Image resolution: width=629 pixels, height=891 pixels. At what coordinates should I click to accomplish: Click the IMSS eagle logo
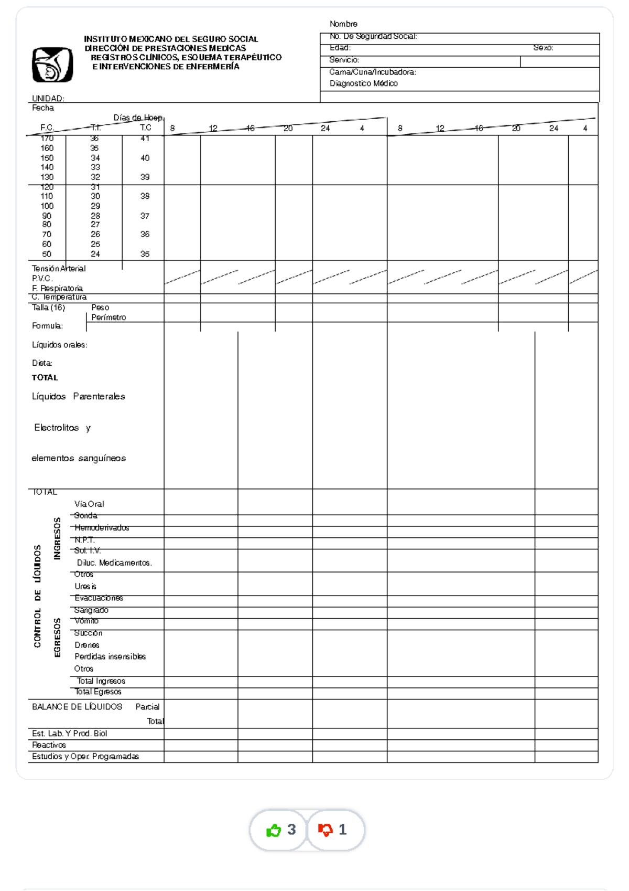point(52,65)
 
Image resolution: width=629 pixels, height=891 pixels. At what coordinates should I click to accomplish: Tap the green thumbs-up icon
point(274,830)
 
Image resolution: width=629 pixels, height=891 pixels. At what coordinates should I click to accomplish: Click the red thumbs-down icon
point(326,830)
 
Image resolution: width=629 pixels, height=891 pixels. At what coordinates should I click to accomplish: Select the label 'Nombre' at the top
point(343,24)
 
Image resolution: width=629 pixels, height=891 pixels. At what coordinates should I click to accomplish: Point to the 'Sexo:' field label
point(543,48)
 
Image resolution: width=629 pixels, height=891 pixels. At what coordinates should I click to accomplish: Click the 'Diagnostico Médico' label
point(363,83)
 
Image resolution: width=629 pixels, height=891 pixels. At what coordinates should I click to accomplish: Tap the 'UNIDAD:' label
point(48,98)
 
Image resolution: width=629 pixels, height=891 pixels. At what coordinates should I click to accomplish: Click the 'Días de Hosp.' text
point(139,118)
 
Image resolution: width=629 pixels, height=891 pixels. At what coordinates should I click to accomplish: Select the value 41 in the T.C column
point(145,139)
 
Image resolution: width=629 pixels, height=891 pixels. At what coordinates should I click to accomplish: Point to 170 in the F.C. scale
point(47,139)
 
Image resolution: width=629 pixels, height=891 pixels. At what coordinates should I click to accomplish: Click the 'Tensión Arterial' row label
point(59,269)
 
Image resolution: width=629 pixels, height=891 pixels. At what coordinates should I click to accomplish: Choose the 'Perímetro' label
point(109,317)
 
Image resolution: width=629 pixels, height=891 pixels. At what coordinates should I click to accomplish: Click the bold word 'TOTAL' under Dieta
point(45,378)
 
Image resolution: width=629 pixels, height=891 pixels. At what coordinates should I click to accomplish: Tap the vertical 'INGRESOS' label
point(57,538)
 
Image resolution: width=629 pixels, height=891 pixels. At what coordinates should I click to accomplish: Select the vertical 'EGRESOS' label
point(57,637)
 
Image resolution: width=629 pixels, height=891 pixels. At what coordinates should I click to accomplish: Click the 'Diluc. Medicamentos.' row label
point(114,563)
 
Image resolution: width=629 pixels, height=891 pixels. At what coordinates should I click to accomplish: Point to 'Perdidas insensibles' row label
point(110,657)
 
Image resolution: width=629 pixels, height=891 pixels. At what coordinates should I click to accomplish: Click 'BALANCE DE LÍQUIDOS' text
point(77,707)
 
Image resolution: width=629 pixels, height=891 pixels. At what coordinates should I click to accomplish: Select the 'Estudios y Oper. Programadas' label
point(85,757)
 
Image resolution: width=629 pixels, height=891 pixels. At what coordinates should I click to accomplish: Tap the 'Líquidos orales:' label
point(59,345)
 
